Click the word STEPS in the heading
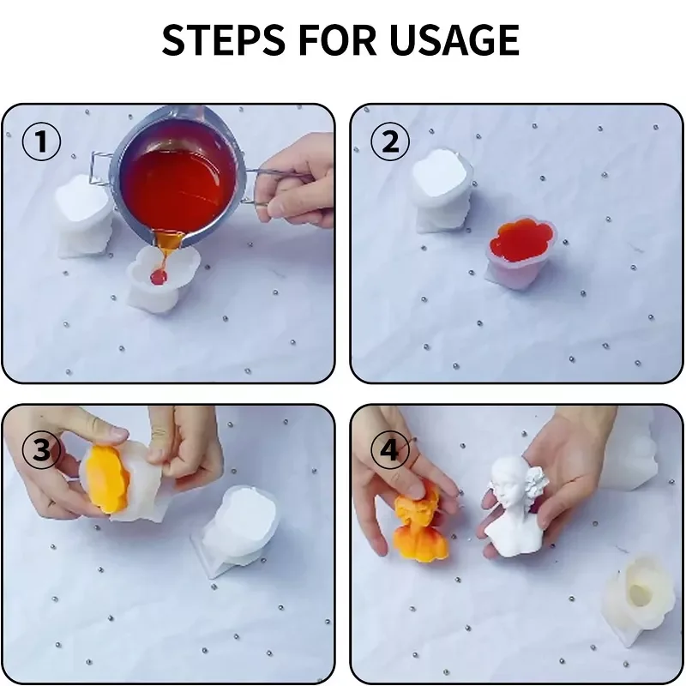pos(224,39)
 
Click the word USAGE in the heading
pos(454,39)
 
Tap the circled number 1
pos(41,141)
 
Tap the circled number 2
pos(390,141)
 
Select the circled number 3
pos(41,449)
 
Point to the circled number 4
pos(390,449)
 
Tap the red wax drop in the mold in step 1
pos(158,276)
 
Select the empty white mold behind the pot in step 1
pos(83,214)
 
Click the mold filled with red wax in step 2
pos(521,251)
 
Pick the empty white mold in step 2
pos(442,190)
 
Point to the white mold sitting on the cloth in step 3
pos(237,532)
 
